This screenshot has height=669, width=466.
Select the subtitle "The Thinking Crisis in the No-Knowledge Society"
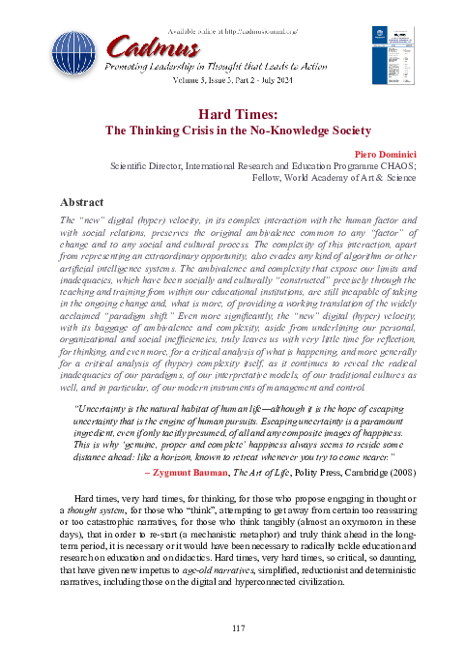coord(233,131)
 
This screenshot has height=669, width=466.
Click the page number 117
coord(233,629)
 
